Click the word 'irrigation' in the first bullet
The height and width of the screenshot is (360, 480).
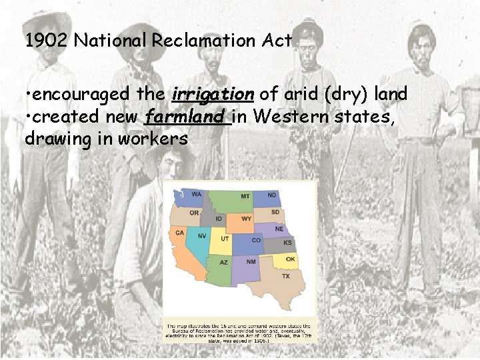(213, 95)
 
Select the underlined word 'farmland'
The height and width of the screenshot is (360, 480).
(185, 117)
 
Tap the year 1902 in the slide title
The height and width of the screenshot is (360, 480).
(47, 41)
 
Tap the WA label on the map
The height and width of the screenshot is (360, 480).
(197, 195)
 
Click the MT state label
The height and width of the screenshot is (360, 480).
(245, 196)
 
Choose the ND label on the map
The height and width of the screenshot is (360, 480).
(272, 195)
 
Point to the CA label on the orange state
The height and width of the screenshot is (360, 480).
(180, 233)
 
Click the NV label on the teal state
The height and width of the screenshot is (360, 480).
(202, 237)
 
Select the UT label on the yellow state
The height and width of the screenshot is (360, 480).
(225, 239)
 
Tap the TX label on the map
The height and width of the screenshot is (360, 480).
(286, 275)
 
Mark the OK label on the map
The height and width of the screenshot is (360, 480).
(290, 259)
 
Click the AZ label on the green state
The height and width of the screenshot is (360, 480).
(224, 263)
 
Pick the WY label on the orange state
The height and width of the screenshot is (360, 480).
(246, 219)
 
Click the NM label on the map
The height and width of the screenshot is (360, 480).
(251, 262)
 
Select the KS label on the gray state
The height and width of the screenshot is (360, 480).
(288, 243)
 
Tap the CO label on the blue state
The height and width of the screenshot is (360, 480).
(257, 240)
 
